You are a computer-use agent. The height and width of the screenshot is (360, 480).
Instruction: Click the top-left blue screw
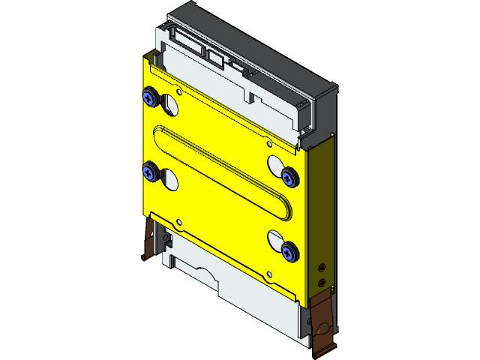[x=150, y=97]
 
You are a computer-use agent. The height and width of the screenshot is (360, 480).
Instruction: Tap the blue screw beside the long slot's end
[x=289, y=176]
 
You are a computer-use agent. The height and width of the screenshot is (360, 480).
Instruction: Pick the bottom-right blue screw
[x=289, y=251]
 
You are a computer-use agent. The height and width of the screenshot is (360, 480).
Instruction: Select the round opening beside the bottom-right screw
[x=274, y=241]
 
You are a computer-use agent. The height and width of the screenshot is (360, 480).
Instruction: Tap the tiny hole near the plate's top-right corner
[x=267, y=145]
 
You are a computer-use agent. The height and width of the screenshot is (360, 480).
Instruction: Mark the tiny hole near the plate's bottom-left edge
[x=178, y=221]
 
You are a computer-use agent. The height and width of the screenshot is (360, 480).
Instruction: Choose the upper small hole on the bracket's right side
[x=322, y=267]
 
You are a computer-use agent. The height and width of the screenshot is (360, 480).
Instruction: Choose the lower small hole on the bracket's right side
[x=322, y=283]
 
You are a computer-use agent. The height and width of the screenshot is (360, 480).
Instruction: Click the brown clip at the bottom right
[x=322, y=322]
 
